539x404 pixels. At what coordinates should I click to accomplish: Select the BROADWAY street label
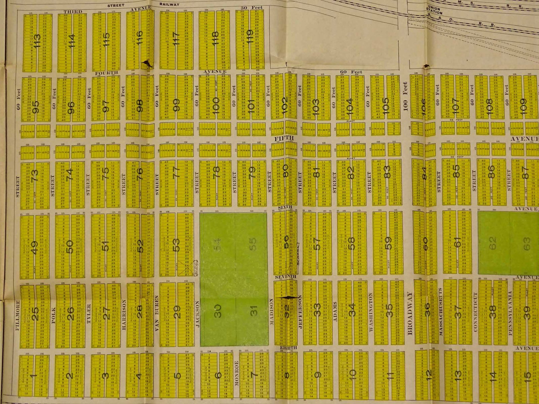[x=410, y=313]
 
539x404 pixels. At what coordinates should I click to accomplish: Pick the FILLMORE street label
[x=18, y=315]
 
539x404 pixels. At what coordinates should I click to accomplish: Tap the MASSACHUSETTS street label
[x=440, y=311]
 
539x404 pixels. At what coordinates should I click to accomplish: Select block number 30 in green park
[x=217, y=309]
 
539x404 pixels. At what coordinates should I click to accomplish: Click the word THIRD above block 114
[x=73, y=12]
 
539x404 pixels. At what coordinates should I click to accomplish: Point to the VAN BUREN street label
[x=157, y=313]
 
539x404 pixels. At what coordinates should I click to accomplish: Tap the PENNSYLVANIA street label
[x=510, y=313]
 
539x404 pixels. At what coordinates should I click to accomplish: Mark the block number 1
[x=33, y=375]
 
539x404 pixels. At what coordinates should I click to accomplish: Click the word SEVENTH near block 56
[x=285, y=277]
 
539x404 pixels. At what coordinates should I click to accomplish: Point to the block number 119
[x=250, y=37]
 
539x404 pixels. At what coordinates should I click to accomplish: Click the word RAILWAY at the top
[x=169, y=4]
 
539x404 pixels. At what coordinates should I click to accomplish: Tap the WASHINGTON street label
[x=371, y=312]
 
